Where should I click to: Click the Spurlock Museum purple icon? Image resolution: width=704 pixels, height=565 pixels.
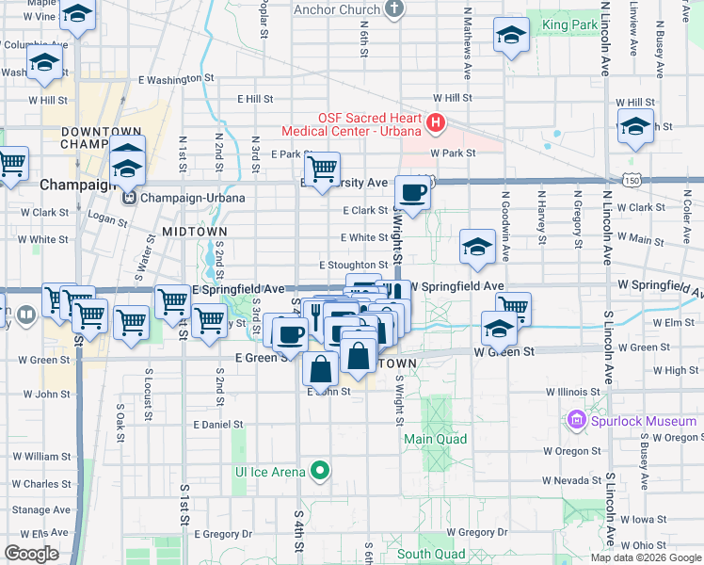[576, 421]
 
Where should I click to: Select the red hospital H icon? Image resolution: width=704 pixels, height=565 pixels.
[436, 122]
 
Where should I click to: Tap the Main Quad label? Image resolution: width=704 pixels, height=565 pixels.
[435, 439]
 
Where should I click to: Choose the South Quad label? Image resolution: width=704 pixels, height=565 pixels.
[431, 555]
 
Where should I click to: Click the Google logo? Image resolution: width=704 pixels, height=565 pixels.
[30, 554]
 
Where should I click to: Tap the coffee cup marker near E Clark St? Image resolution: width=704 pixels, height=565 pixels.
[412, 194]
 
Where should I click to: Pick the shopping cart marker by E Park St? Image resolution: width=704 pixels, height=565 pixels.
[322, 170]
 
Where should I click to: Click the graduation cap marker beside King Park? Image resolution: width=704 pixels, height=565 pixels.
[510, 38]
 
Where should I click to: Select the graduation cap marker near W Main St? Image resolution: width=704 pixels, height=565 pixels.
[477, 248]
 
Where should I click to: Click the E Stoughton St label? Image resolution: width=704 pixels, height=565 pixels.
[353, 266]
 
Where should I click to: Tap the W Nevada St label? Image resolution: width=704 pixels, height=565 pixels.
[571, 480]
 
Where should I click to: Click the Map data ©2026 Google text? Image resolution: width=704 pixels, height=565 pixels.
[647, 557]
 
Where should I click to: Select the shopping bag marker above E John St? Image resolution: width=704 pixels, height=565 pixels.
[320, 369]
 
